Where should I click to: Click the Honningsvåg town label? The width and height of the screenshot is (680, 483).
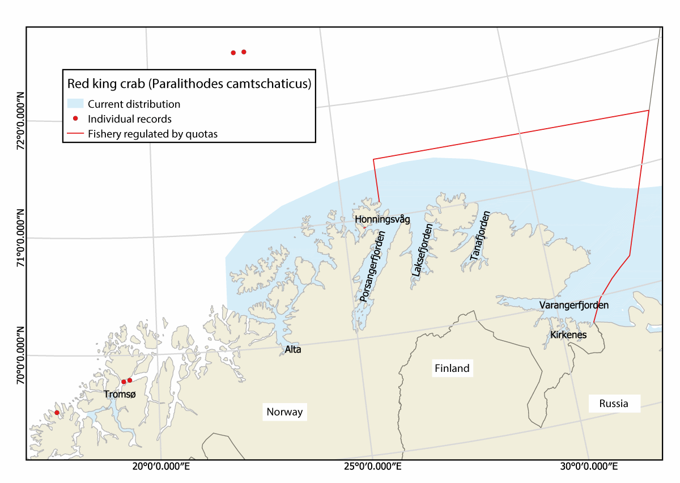381,219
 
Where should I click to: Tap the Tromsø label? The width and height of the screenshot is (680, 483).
120,393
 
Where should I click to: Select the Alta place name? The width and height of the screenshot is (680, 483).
293,349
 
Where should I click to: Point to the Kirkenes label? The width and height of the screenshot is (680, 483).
568,335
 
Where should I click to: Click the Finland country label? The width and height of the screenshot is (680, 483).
452,368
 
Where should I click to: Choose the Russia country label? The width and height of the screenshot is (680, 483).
614,404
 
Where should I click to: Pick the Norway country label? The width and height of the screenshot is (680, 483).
284,412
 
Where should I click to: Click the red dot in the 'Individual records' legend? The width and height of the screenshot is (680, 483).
75,118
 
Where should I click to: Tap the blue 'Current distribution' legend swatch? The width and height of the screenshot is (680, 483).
75,104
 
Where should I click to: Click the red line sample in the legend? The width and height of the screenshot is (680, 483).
75,134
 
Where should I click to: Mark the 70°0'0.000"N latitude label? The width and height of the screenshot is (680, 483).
20,354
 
